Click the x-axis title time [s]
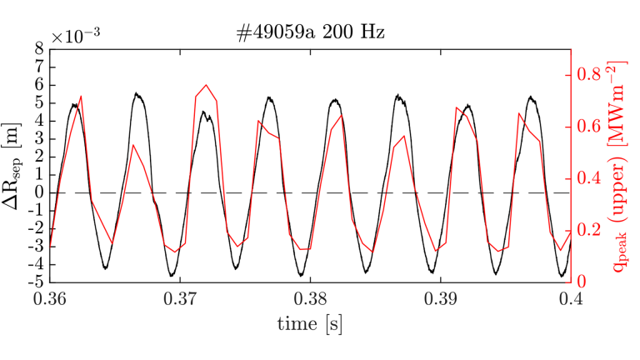pos(310,322)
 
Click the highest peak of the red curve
pos(206,85)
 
